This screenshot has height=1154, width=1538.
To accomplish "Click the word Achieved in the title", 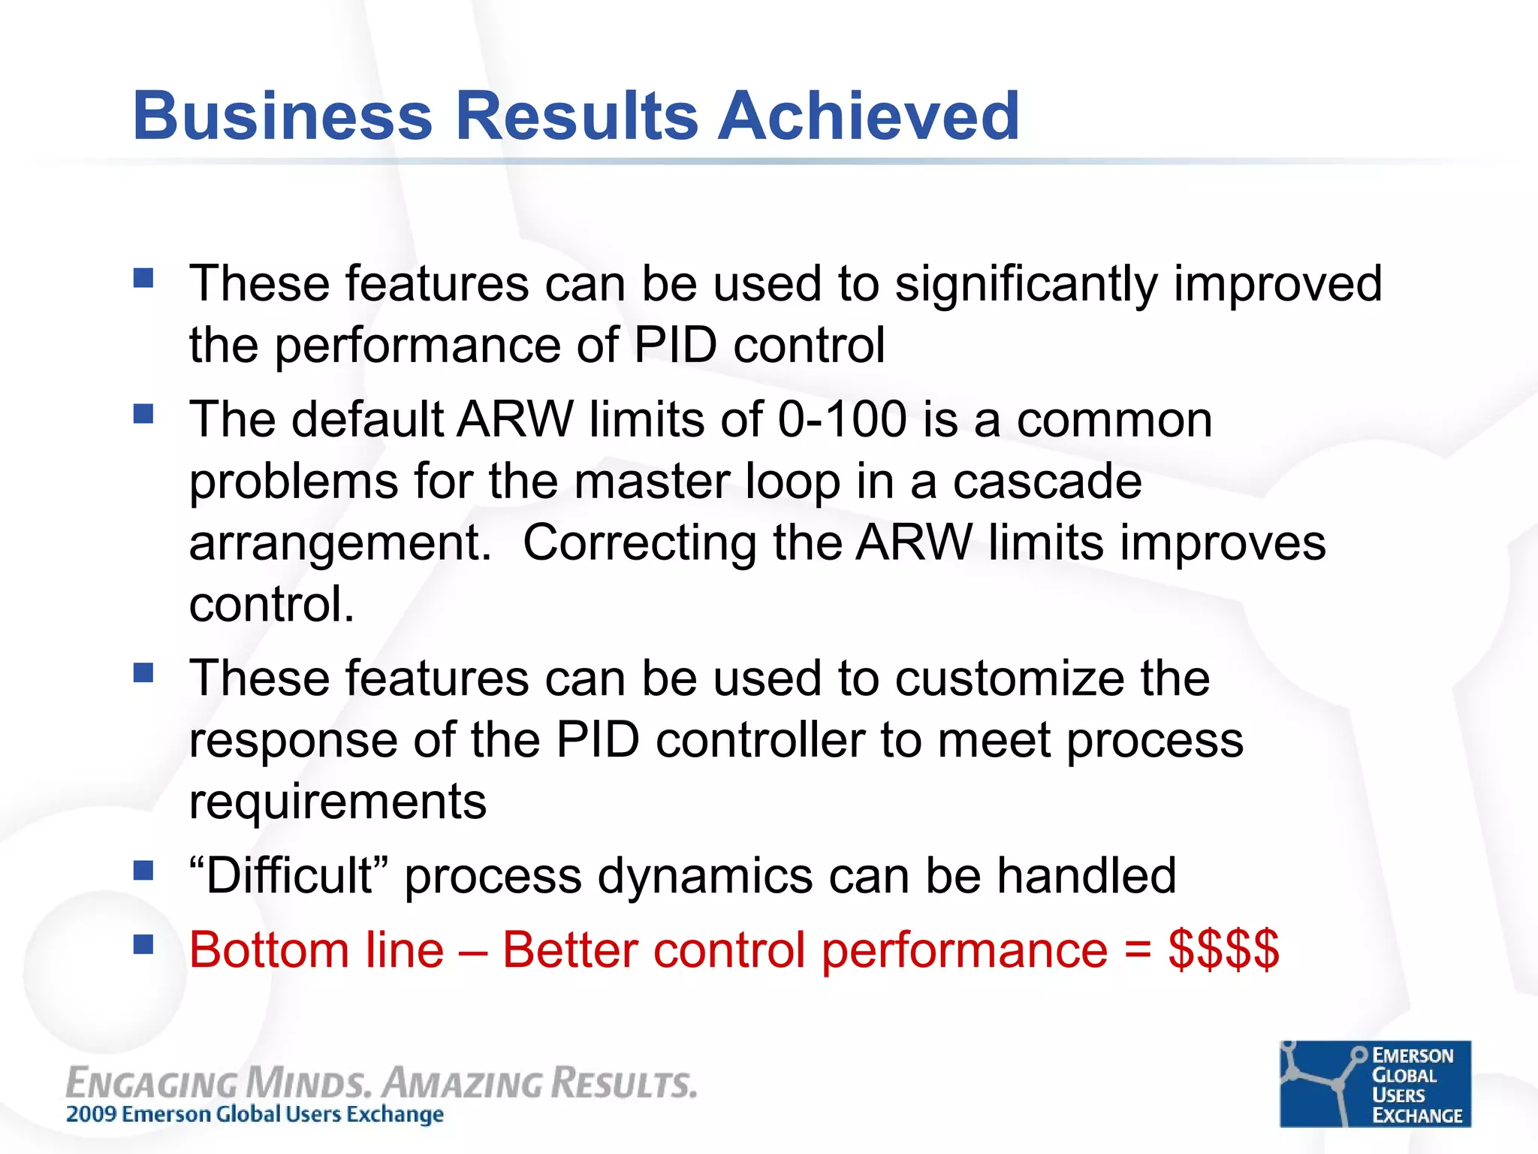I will tap(869, 116).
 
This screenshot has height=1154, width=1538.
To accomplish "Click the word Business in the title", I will tap(282, 116).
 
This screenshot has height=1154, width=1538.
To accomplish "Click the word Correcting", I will tap(640, 542).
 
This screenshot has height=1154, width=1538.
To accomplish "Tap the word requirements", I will tap(337, 802).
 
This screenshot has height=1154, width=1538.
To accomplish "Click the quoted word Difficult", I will tap(289, 875).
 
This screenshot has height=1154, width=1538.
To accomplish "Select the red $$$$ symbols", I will tap(1223, 950).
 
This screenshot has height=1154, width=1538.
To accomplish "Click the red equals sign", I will tap(1138, 951).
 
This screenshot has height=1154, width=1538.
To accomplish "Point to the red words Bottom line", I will tap(316, 950).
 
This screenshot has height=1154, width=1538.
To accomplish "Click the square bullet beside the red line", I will tap(143, 944).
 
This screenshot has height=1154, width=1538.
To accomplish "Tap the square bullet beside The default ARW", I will tap(143, 414).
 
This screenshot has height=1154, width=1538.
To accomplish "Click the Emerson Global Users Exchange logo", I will tap(1375, 1083).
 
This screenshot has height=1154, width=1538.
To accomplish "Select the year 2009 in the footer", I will tap(92, 1114).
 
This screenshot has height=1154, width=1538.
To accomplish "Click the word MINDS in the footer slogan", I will tap(309, 1083).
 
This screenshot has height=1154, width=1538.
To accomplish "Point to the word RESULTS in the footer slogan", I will tap(624, 1083).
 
